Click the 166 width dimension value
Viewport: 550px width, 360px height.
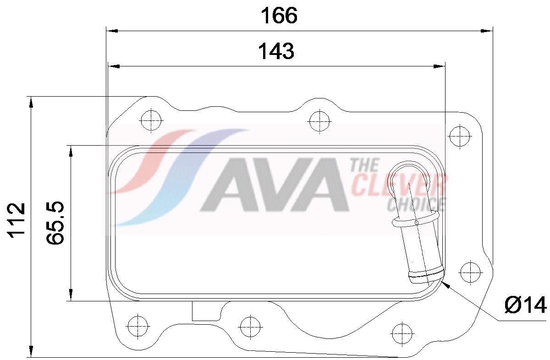(279, 16)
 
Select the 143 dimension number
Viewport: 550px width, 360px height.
(276, 51)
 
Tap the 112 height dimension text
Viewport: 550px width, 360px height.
(16, 220)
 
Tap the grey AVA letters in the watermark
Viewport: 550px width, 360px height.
(275, 185)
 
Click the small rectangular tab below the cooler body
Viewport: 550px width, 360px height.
(205, 311)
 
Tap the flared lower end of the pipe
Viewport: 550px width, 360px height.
(425, 276)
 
